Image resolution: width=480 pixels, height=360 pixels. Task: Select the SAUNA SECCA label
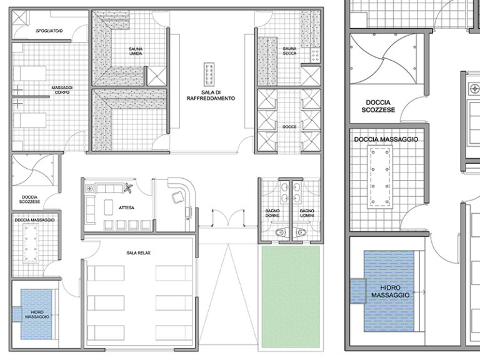289,51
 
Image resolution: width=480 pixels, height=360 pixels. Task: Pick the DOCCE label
289,127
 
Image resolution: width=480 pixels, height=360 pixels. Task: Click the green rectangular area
291,297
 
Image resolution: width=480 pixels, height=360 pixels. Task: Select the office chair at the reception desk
176,197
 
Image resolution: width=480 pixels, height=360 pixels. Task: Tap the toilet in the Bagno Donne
281,232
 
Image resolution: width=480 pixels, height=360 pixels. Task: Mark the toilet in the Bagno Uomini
301,232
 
